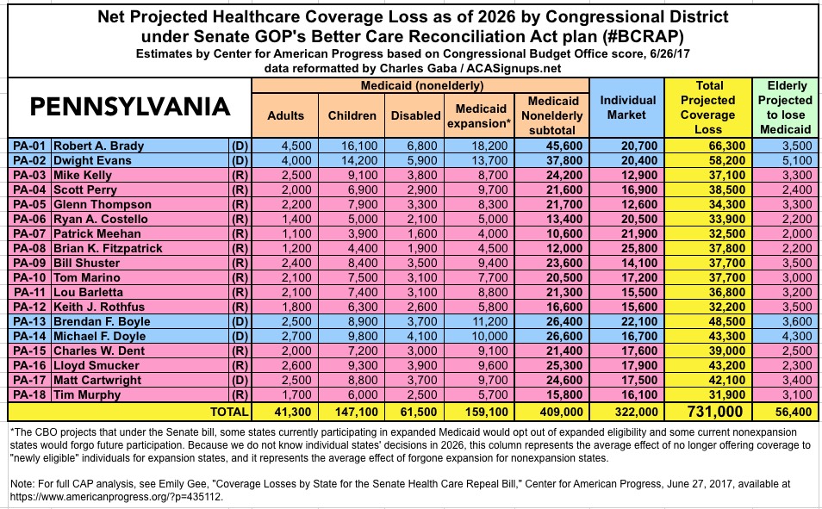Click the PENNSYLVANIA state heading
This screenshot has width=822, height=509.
131,108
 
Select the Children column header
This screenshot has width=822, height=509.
352,115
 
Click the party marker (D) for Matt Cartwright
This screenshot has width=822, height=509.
239,379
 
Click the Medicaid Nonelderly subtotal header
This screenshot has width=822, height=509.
552,108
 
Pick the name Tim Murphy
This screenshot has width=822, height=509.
91,394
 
